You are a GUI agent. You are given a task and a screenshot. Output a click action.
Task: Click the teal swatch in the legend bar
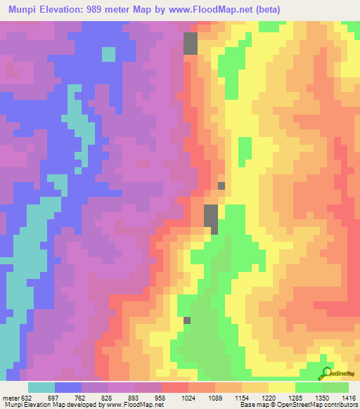coord(41,387)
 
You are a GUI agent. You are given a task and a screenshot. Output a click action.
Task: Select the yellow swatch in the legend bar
coord(281,387)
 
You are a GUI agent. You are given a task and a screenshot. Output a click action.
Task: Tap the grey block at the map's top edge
coord(191,44)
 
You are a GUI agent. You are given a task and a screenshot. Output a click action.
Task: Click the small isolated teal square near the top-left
coord(108,54)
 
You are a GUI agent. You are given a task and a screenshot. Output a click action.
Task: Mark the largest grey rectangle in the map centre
coord(211,219)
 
